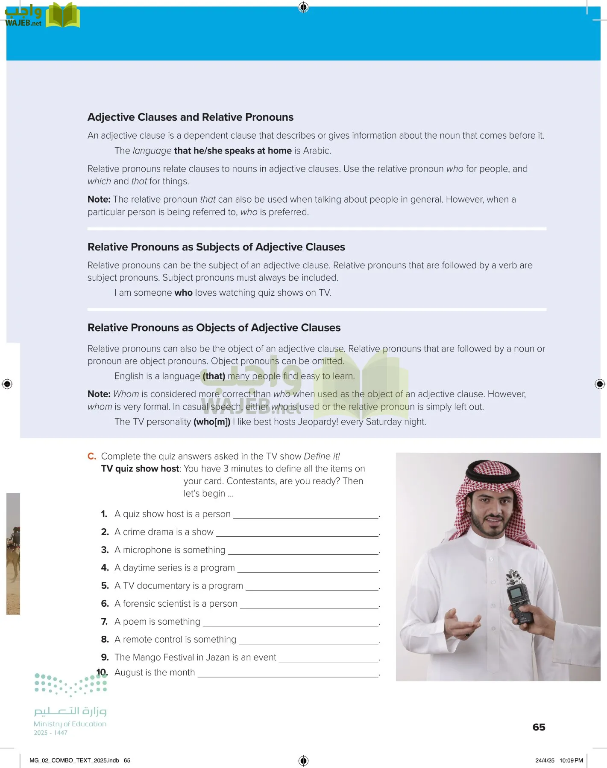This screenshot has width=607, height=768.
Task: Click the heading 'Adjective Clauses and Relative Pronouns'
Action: (x=191, y=117)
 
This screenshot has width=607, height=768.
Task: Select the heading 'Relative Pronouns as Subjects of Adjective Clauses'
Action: (x=216, y=247)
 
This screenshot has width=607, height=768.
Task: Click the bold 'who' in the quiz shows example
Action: (x=183, y=293)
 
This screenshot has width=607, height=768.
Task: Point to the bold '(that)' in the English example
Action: (x=214, y=376)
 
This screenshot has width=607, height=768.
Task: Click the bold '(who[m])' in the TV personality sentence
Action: (x=212, y=422)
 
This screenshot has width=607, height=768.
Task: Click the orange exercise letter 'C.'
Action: (x=92, y=456)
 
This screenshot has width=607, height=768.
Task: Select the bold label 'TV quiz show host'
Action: (x=140, y=468)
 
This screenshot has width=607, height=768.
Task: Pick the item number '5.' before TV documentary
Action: (x=105, y=586)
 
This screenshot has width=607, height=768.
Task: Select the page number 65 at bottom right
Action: (x=539, y=727)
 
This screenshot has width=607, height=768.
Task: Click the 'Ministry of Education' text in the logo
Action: (x=70, y=724)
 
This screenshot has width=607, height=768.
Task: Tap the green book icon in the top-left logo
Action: (x=62, y=15)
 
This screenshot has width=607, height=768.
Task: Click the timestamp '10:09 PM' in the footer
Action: (x=571, y=760)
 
